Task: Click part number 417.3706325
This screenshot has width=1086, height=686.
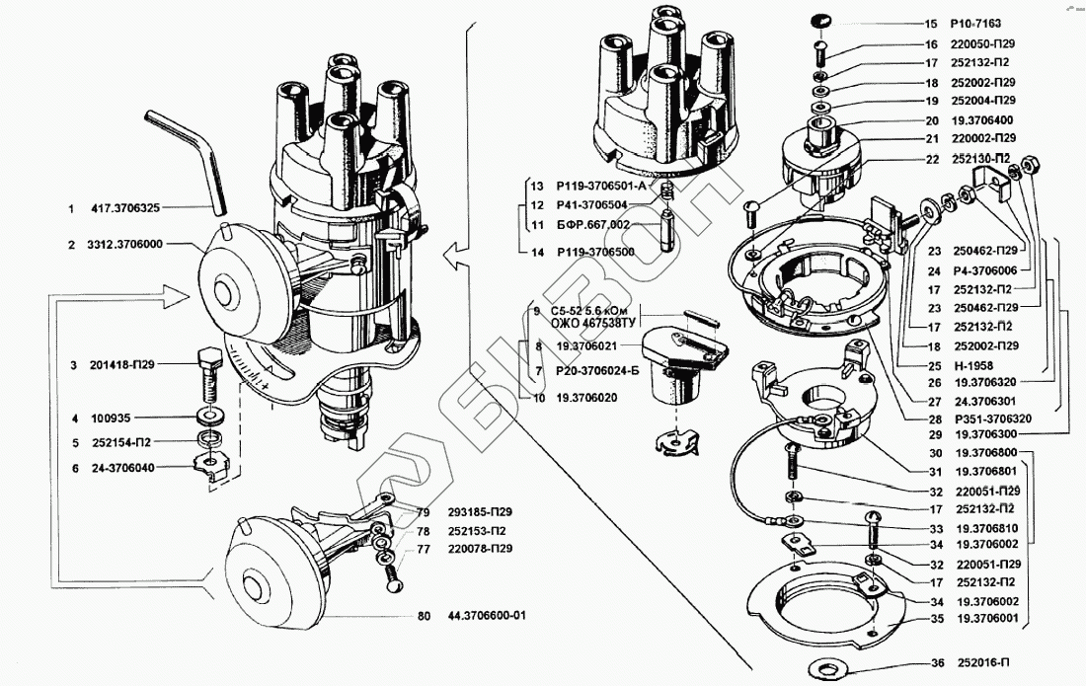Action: pos(126,208)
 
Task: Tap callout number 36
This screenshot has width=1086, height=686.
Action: pos(932,663)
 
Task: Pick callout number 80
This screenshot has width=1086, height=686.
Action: pos(423,616)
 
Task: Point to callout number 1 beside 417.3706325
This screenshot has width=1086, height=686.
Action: pos(71,208)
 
